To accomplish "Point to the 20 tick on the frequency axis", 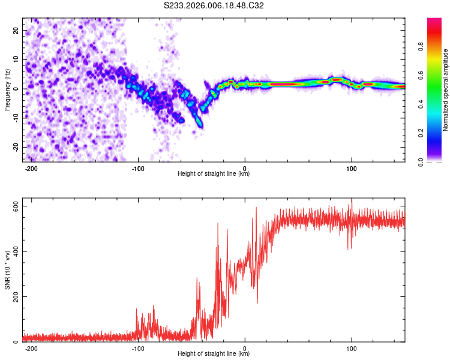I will pos(16,30).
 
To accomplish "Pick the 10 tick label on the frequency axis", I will pos(16,59).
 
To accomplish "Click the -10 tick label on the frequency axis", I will pos(15,118).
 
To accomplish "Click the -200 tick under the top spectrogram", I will pos(32,167).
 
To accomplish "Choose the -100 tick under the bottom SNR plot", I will pos(139,347).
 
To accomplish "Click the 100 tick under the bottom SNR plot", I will pos(351,347).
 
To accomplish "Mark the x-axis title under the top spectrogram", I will pos(214,174).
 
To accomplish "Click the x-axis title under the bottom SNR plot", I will pos(214,354).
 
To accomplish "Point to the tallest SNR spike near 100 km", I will pos(352,200).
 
